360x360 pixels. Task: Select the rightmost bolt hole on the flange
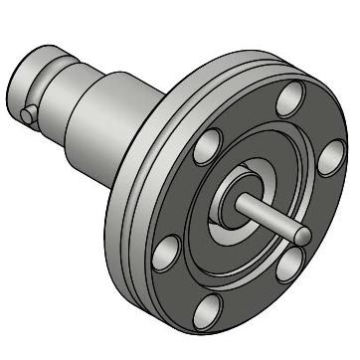pos(331,157)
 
